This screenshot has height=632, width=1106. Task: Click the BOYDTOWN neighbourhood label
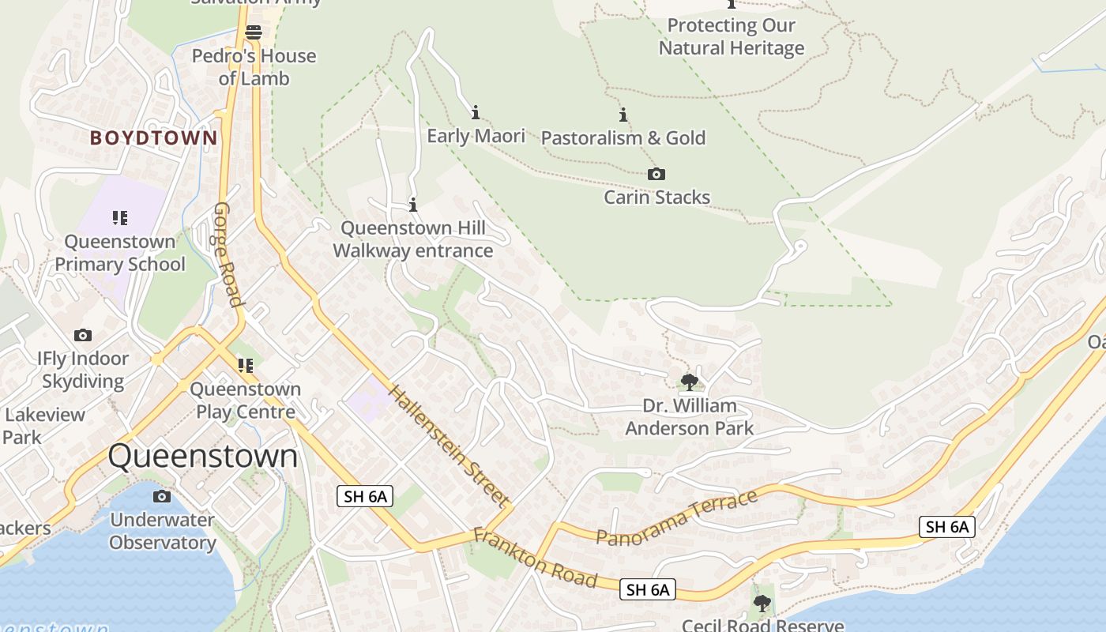153,138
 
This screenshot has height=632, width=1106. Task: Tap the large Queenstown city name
203,457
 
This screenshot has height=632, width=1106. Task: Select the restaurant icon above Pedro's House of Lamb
254,32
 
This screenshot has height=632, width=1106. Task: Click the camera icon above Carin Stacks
656,174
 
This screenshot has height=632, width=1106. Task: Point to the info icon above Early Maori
476,112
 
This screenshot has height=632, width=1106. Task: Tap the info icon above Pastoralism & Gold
623,115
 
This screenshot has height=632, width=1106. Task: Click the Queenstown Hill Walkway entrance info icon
412,205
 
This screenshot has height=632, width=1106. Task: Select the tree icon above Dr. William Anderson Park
689,382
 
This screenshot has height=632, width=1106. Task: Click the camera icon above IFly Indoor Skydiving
83,336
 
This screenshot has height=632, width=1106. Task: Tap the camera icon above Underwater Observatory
162,496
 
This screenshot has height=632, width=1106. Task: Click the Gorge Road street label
227,254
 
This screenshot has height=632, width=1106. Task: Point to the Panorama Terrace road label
677,517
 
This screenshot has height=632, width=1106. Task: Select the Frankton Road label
535,557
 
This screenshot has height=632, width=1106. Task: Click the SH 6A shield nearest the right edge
947,527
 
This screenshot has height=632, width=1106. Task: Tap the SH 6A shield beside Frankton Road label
648,589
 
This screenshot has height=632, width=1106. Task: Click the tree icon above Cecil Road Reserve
762,604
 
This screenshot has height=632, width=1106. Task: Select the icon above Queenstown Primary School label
120,217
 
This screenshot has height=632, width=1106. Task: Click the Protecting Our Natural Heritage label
732,36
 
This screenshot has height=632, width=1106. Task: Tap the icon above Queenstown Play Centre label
246,365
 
